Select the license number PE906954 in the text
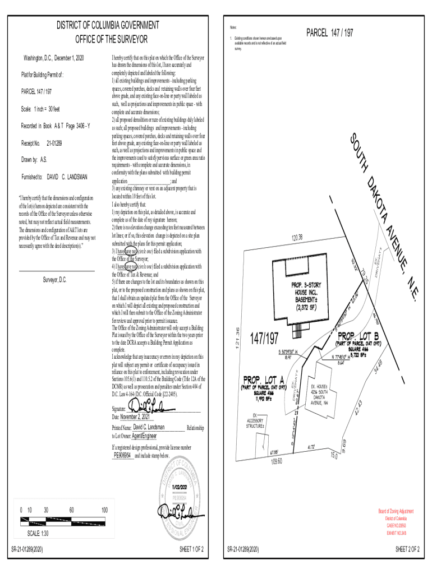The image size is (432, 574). [122, 456]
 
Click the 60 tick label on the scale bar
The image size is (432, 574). [72, 510]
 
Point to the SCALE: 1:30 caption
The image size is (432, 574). [39, 533]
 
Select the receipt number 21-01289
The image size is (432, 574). [54, 143]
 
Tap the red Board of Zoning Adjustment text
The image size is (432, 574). [396, 511]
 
